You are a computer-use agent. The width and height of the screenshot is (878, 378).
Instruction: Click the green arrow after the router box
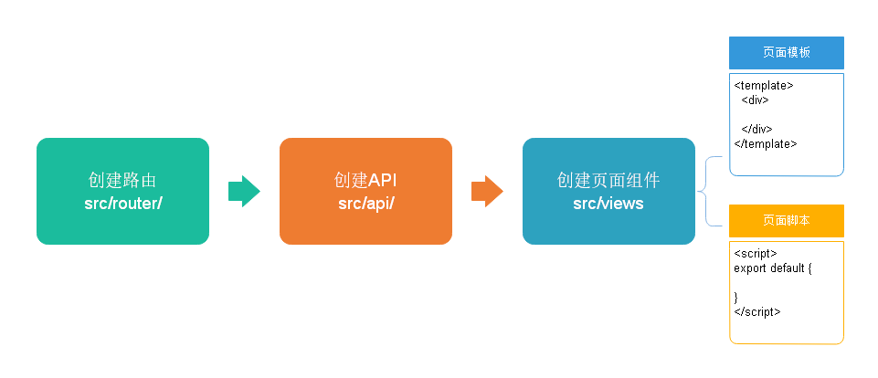tap(243, 192)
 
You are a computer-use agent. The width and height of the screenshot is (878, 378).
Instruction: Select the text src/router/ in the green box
tap(122, 203)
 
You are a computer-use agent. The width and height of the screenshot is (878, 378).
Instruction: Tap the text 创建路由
tap(122, 181)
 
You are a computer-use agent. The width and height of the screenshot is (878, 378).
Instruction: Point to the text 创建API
tap(365, 181)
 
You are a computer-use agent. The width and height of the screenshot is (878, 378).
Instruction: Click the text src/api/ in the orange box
tap(365, 203)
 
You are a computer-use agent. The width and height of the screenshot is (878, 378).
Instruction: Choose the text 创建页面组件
tap(608, 181)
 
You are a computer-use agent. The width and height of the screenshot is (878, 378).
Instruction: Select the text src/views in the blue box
tap(608, 203)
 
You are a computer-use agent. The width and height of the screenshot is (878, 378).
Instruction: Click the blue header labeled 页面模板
tap(787, 53)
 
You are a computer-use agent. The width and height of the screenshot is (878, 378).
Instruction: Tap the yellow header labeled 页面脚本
tap(787, 221)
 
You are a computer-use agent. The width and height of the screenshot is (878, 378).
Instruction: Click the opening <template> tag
tap(764, 86)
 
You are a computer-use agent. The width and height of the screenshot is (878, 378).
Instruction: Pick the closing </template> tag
tap(766, 143)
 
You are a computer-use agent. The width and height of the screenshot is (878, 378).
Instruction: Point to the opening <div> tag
tap(756, 100)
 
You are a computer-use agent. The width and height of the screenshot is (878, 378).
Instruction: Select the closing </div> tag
tap(757, 129)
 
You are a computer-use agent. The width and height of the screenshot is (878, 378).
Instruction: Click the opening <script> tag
tap(755, 253)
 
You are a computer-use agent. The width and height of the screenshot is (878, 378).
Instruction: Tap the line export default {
tap(772, 268)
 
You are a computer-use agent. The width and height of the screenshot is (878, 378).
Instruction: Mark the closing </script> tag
tap(756, 311)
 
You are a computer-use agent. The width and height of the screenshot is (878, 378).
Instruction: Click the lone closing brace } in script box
tap(736, 297)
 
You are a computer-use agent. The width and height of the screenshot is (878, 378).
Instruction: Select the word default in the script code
tap(785, 268)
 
